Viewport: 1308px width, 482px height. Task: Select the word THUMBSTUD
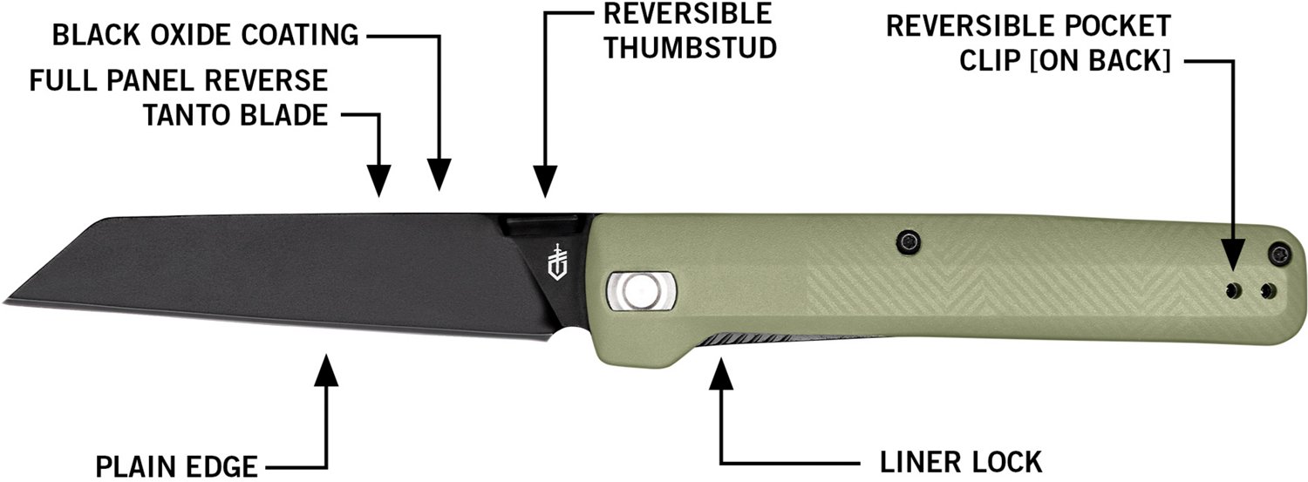tap(690, 47)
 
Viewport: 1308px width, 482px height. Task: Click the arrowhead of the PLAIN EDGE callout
tap(326, 370)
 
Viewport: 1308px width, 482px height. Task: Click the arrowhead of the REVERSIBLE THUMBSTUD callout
tap(545, 181)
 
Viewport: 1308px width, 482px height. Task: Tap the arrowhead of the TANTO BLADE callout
tap(379, 181)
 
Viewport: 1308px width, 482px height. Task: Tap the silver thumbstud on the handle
tap(641, 289)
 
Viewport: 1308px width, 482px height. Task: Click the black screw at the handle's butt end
tap(1278, 254)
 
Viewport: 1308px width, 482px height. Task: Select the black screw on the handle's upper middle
tap(909, 241)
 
